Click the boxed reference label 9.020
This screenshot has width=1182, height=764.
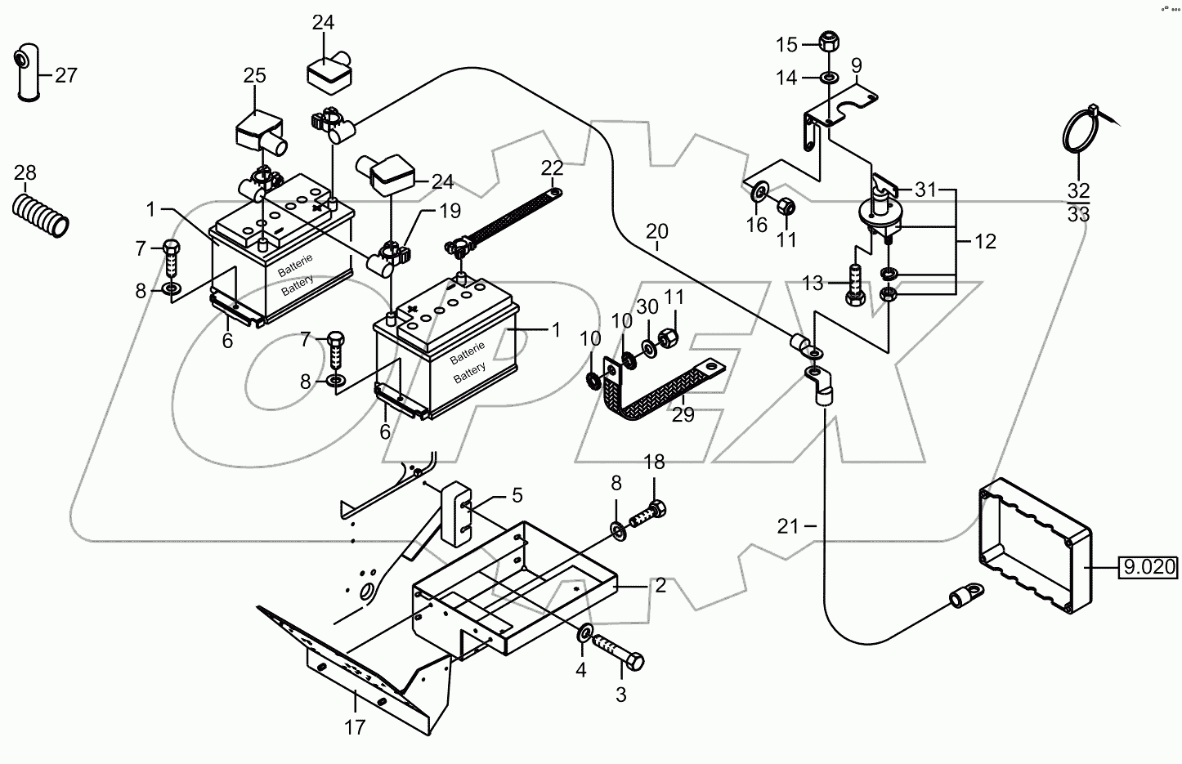(1148, 566)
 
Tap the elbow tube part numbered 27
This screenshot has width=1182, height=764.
(26, 75)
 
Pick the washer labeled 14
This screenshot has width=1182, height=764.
(827, 78)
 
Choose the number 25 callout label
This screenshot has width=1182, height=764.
(254, 76)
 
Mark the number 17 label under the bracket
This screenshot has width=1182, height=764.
(354, 726)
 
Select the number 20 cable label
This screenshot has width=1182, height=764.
(656, 231)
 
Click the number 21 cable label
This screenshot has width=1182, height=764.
(787, 527)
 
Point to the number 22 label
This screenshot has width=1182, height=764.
(553, 168)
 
